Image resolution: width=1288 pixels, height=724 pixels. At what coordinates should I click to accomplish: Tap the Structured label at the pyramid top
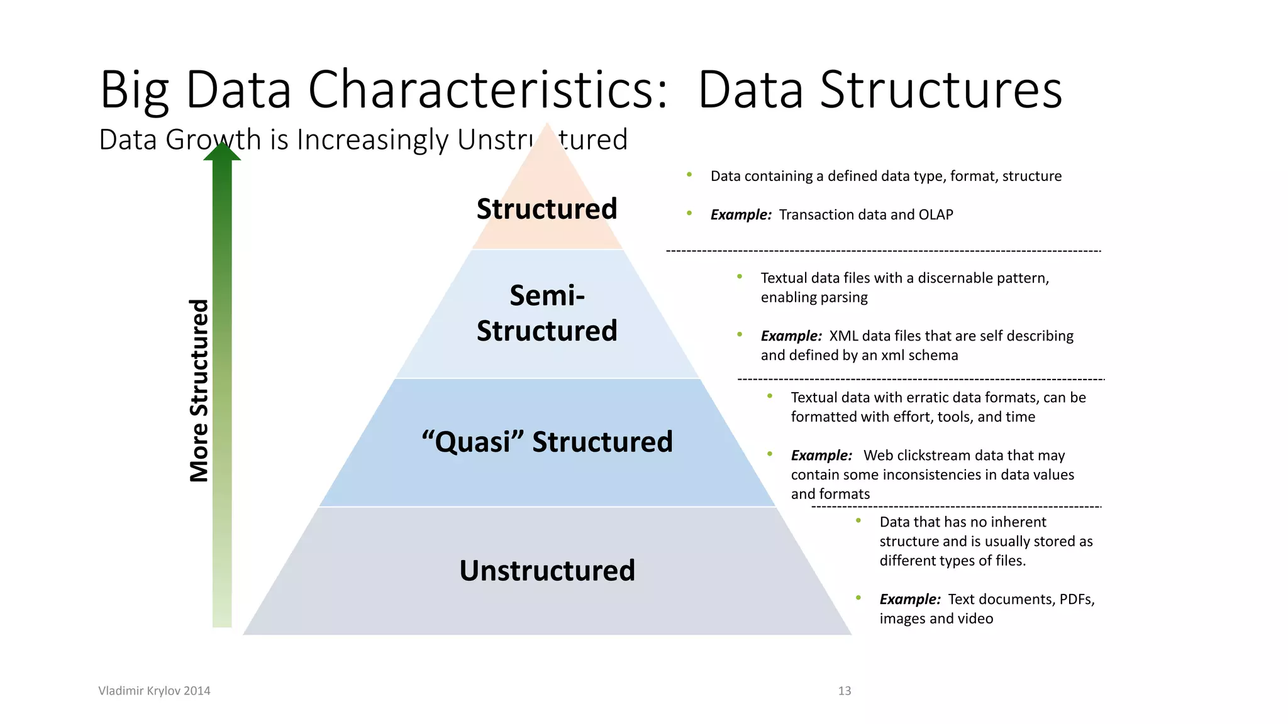coord(547,209)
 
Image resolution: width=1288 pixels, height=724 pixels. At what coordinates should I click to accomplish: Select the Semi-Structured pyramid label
coord(547,313)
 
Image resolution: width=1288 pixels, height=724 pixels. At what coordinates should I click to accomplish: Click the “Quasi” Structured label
coord(547,441)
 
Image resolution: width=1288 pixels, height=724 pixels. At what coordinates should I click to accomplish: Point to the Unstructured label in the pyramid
coord(547,571)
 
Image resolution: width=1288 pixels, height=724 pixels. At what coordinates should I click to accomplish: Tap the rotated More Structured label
coord(199,390)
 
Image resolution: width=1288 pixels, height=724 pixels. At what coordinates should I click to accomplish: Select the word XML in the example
coord(843,336)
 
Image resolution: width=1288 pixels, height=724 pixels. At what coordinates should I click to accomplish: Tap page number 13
coord(844,691)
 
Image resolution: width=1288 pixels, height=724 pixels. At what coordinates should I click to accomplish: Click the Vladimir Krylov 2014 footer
coord(154,691)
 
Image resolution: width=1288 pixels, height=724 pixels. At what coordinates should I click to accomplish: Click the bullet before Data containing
coord(689,175)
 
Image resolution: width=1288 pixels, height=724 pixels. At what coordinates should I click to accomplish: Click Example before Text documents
coord(909,600)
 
